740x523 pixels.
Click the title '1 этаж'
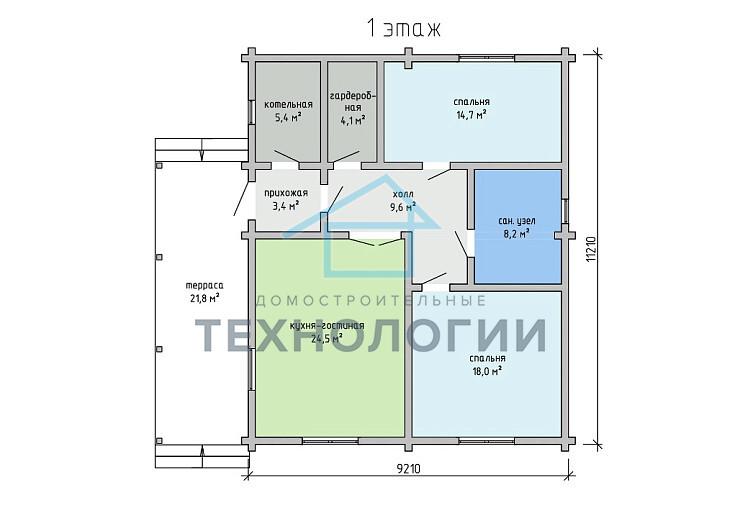(x=404, y=29)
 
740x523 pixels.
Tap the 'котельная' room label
(x=288, y=104)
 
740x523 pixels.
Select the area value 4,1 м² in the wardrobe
(x=353, y=121)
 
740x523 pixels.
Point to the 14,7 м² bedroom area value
(x=471, y=114)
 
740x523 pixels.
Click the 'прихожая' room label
(x=286, y=193)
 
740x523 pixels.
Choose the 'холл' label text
(x=403, y=194)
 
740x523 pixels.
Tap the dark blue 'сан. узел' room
(x=518, y=227)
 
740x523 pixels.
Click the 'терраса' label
(x=204, y=286)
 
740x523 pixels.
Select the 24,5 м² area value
(x=327, y=338)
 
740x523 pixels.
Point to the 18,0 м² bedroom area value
(x=487, y=371)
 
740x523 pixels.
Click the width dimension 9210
(x=408, y=469)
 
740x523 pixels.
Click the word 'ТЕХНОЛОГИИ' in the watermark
(x=370, y=336)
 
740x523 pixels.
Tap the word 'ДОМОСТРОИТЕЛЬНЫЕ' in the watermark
(x=371, y=301)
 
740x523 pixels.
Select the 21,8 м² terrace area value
(x=204, y=298)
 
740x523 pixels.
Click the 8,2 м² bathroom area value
(x=516, y=232)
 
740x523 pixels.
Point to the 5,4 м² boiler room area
(x=288, y=117)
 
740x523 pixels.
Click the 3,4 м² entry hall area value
(x=286, y=206)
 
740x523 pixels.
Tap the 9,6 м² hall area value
(x=403, y=206)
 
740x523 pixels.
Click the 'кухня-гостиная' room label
(x=327, y=326)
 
